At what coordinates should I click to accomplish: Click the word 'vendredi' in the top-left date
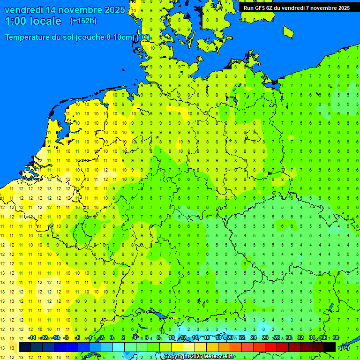point(23,10)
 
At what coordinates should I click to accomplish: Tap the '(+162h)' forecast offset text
point(83,21)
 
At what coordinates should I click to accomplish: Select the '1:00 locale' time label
point(33,21)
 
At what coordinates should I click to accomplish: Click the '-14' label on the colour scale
point(31,338)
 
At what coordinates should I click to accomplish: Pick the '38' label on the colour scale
point(336,338)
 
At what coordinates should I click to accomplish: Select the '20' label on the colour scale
point(230,338)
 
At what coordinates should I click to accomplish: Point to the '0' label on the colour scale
point(112,338)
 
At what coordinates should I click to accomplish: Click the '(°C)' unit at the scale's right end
point(344,347)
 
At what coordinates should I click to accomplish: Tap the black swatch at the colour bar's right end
point(330,347)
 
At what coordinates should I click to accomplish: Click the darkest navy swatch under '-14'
point(25,347)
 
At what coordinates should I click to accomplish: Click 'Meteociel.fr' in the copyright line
point(218,357)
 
